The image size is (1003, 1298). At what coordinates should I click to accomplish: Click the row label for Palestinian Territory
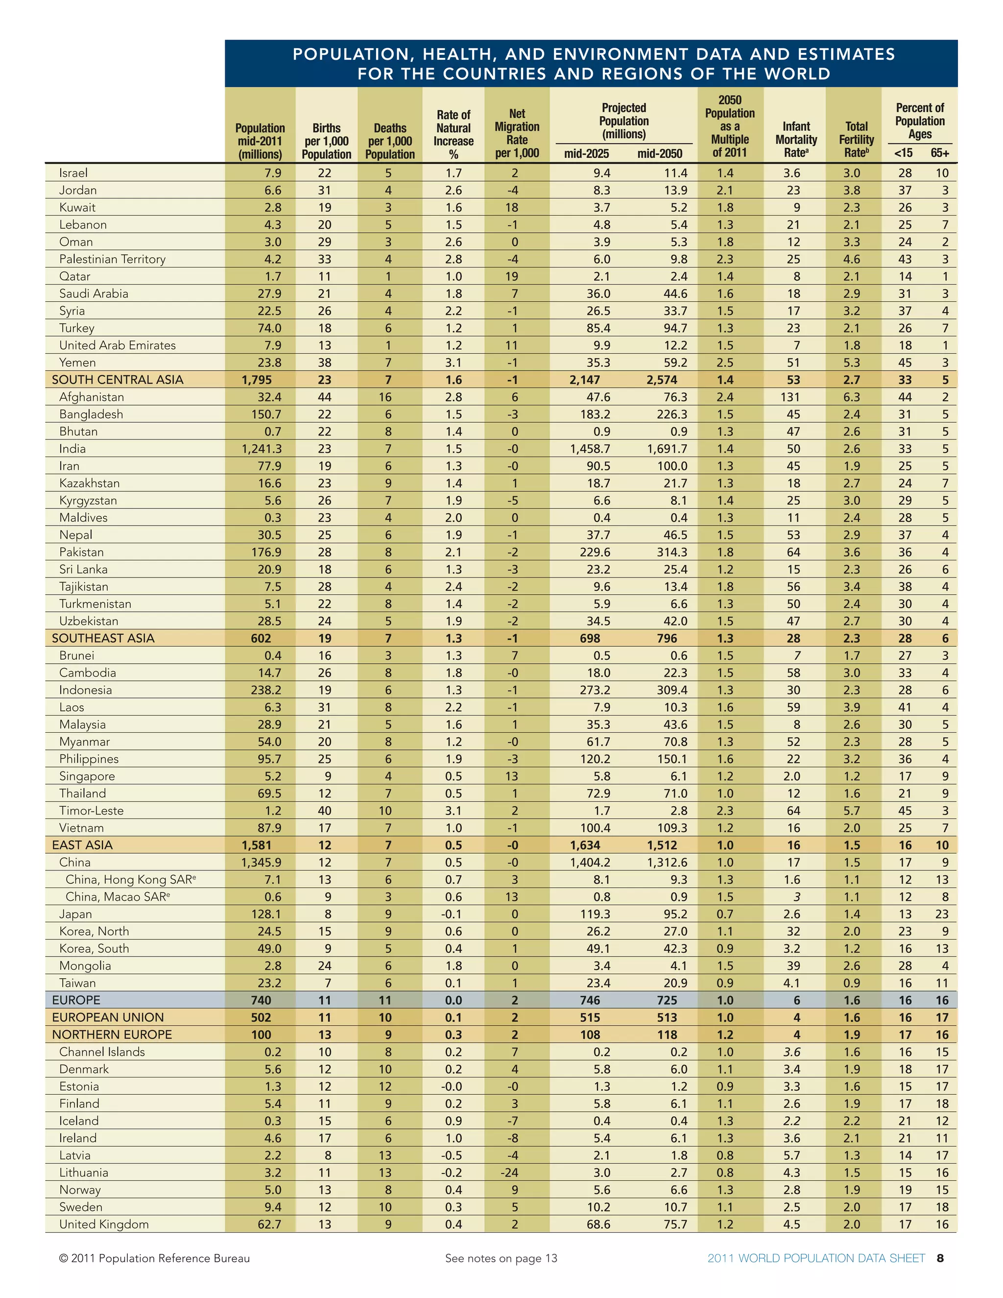(x=112, y=259)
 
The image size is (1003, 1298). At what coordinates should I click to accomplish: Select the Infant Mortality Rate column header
(x=796, y=140)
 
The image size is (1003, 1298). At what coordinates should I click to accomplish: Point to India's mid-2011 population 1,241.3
(x=262, y=449)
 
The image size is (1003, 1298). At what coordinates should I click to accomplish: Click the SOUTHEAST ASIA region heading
(x=103, y=638)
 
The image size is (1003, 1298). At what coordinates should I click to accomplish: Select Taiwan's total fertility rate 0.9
(x=852, y=983)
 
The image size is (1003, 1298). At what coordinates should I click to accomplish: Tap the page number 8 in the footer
(x=940, y=1258)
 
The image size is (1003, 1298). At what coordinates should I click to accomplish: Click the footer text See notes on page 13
(x=501, y=1258)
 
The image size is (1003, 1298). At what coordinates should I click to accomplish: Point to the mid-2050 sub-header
(x=660, y=154)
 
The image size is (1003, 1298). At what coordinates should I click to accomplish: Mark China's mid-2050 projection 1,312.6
(x=667, y=863)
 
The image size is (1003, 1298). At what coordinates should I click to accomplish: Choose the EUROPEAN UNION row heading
(x=108, y=1017)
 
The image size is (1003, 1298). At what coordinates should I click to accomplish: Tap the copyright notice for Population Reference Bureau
(x=154, y=1258)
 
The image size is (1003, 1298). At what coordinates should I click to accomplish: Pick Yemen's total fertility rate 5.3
(x=852, y=362)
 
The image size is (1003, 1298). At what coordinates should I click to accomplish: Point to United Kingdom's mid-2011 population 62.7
(x=269, y=1225)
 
